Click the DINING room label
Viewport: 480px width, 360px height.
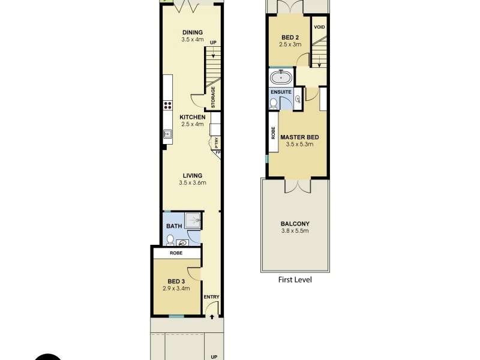(x=193, y=32)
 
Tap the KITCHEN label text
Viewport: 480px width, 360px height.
(x=193, y=117)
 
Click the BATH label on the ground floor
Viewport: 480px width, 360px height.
(x=173, y=226)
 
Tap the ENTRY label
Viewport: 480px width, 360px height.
(x=212, y=297)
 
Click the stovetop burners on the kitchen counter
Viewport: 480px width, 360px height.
(x=167, y=106)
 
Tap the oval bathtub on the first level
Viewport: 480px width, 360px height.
(x=280, y=77)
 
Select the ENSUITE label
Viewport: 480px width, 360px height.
(x=281, y=92)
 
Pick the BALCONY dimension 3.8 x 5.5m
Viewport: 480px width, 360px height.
(x=295, y=230)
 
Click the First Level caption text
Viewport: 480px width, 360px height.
(x=295, y=280)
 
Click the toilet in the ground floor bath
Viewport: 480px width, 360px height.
(x=170, y=240)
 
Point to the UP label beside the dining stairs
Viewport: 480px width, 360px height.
(x=212, y=43)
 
